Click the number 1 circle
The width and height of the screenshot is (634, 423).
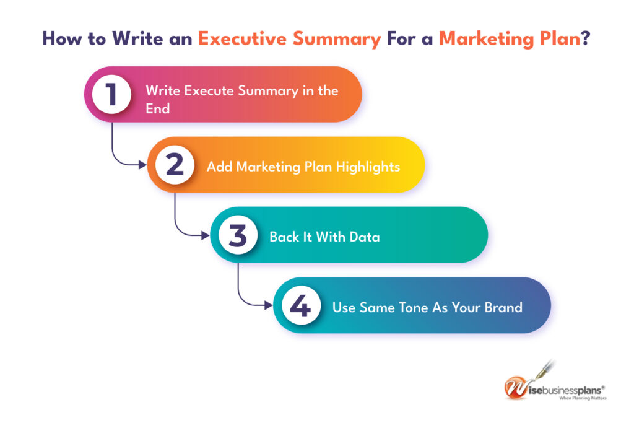click(x=111, y=94)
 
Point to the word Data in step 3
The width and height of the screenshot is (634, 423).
click(x=365, y=237)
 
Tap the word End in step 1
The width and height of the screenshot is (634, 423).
click(x=157, y=108)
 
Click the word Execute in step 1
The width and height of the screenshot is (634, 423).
click(x=201, y=90)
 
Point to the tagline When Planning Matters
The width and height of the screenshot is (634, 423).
click(x=583, y=398)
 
